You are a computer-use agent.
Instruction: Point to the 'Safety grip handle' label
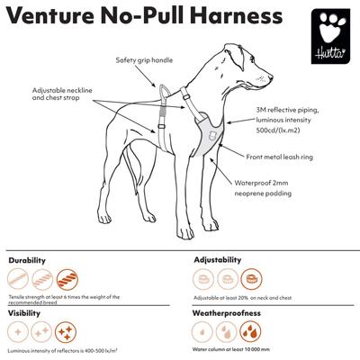[145, 60]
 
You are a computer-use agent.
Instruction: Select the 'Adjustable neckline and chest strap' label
[62, 96]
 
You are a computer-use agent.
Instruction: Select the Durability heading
[27, 259]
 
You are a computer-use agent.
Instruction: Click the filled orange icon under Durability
[67, 280]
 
